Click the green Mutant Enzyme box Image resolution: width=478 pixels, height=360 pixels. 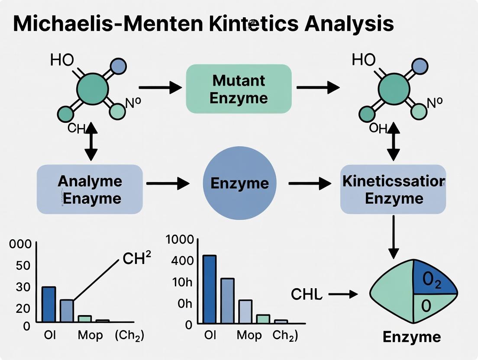point(239,89)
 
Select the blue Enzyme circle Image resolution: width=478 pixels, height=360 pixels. point(239,183)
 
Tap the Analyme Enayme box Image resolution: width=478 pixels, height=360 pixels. point(90,189)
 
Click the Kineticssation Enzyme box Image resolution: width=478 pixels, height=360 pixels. point(393,189)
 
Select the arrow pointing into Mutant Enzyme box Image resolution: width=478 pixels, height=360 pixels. point(160,88)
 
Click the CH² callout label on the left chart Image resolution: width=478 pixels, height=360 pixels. point(137,258)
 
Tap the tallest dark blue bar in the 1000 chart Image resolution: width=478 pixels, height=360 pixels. point(209,289)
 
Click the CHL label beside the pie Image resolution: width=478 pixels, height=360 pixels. point(307,295)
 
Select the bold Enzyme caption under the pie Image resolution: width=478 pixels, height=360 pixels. point(412,337)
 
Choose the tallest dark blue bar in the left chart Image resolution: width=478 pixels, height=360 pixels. point(48,304)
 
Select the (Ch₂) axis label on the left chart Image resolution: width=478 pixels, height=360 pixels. point(129,336)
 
